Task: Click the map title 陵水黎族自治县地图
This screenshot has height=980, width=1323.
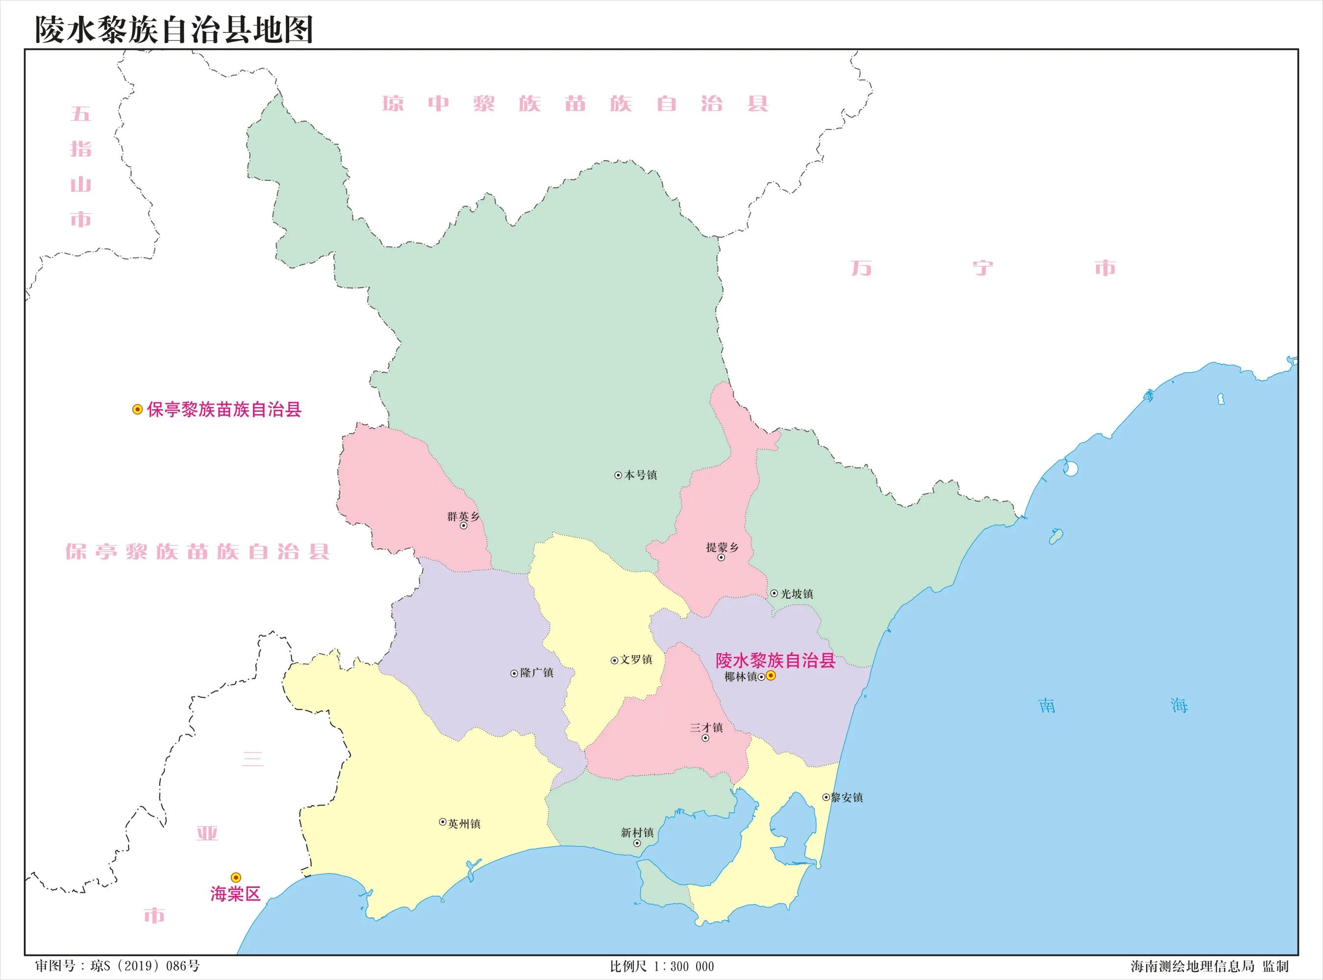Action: tap(173, 30)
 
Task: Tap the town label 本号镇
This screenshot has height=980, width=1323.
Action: tap(640, 475)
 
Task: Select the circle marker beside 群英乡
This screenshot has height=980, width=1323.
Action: tap(463, 526)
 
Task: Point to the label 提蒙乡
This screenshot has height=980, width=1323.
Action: tap(722, 547)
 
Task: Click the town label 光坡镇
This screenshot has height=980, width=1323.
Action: tap(796, 594)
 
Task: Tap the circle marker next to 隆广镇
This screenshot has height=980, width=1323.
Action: tap(514, 673)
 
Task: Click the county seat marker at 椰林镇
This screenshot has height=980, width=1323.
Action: tap(771, 676)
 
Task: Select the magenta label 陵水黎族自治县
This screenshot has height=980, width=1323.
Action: tap(775, 661)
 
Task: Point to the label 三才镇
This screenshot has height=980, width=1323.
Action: tap(706, 727)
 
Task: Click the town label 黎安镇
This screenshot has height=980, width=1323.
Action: tap(847, 798)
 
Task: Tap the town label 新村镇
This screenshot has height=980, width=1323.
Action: tap(637, 833)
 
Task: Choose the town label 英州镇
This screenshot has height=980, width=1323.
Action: tap(464, 824)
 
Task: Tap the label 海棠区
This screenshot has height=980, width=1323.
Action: tap(235, 894)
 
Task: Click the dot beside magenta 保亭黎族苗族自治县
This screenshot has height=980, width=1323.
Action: tap(137, 409)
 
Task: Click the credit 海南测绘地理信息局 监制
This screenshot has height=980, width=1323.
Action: tap(1209, 966)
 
